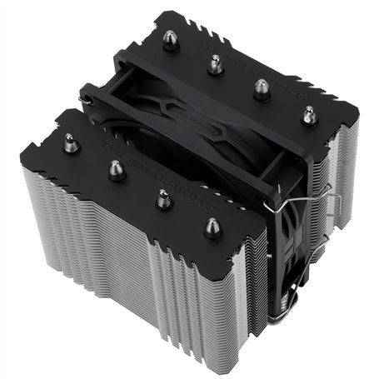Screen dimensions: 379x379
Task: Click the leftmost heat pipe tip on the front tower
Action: click(72, 142)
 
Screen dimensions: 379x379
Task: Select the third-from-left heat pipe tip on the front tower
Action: click(162, 198)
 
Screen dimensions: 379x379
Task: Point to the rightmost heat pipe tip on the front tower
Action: click(211, 226)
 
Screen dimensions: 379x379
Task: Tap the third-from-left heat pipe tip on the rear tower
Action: click(262, 86)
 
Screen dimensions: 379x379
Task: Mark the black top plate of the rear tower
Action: click(275, 67)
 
